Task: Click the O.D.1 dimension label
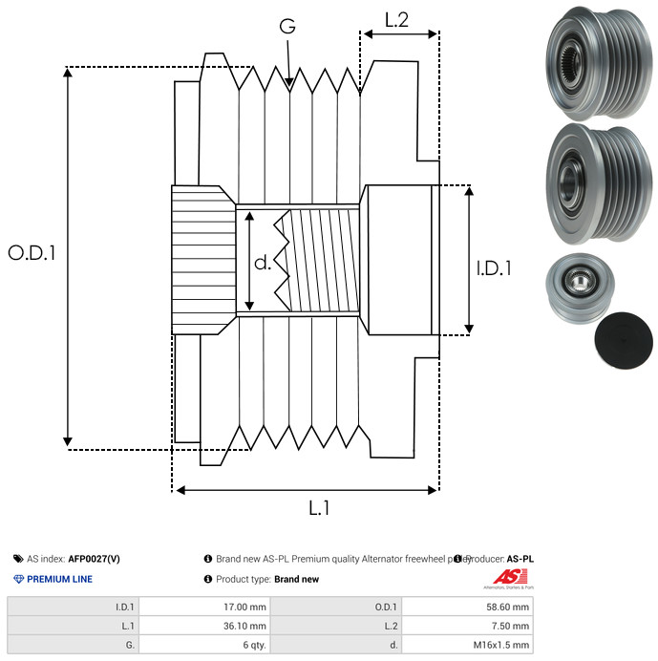[x=32, y=253]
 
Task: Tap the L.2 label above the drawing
[x=397, y=18]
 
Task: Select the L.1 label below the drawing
[x=318, y=509]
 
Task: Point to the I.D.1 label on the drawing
[x=494, y=269]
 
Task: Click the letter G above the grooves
[x=287, y=26]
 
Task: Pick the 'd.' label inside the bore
[x=263, y=262]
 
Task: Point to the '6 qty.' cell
[x=253, y=645]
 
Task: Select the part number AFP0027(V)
[x=94, y=559]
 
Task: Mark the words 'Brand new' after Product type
[x=296, y=579]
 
